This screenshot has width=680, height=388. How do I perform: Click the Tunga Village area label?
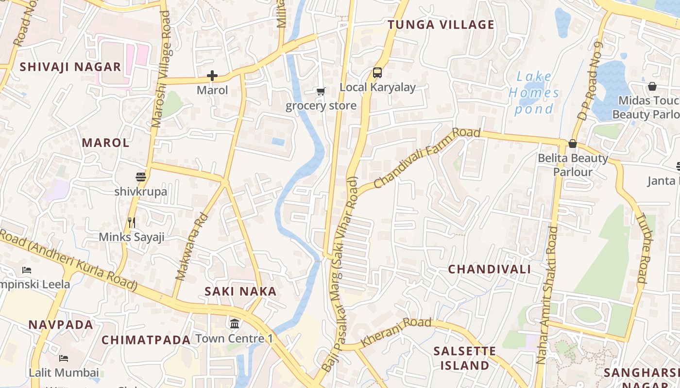point(441,25)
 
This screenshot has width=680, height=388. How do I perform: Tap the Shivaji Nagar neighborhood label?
point(70,67)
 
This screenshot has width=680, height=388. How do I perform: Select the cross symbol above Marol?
point(212,76)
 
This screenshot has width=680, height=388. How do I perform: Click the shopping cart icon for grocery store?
point(321,91)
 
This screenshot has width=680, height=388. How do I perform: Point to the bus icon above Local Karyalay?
point(377,73)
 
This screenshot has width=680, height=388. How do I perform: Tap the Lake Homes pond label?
point(534,92)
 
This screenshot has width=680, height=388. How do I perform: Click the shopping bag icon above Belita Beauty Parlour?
point(573,144)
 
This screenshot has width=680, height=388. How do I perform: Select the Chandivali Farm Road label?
point(427,157)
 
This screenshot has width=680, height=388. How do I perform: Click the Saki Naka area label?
point(240,291)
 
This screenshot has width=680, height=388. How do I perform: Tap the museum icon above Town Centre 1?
point(235,323)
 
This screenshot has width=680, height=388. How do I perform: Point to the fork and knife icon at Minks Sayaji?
point(132,223)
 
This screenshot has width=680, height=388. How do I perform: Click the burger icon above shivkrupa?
point(141,177)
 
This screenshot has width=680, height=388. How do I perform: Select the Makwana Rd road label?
point(192,247)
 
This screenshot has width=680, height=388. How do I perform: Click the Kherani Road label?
point(396,331)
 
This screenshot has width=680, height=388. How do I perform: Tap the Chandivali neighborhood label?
point(489,269)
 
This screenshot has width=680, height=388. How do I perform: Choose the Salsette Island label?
point(464,358)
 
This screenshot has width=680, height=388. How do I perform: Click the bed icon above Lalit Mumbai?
point(64,358)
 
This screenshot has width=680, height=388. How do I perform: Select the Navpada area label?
point(61,325)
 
